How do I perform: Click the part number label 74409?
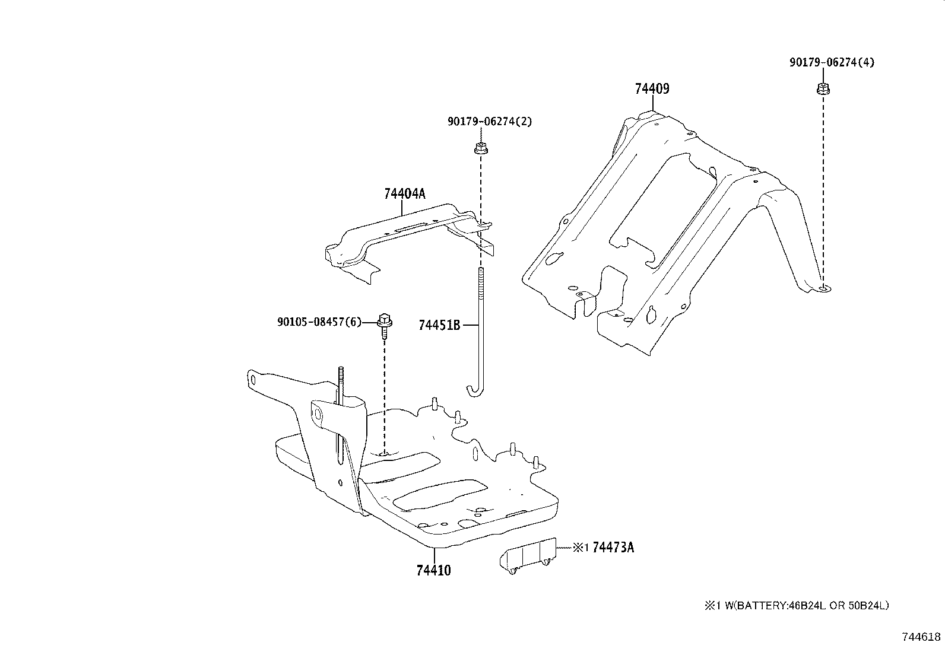[x=652, y=89]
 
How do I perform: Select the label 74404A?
[x=405, y=194]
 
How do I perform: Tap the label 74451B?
[x=439, y=325]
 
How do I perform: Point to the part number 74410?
[x=433, y=571]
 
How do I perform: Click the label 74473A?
[x=613, y=548]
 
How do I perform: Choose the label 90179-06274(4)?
[x=832, y=62]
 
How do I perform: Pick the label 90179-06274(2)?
[x=489, y=122]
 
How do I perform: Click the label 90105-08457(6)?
[x=319, y=322]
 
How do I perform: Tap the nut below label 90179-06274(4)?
[x=822, y=90]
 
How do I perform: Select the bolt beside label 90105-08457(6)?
[x=384, y=323]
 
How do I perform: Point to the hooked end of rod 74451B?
[x=472, y=391]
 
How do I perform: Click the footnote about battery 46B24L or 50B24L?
[x=796, y=606]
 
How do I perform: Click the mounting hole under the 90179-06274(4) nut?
[x=823, y=288]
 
